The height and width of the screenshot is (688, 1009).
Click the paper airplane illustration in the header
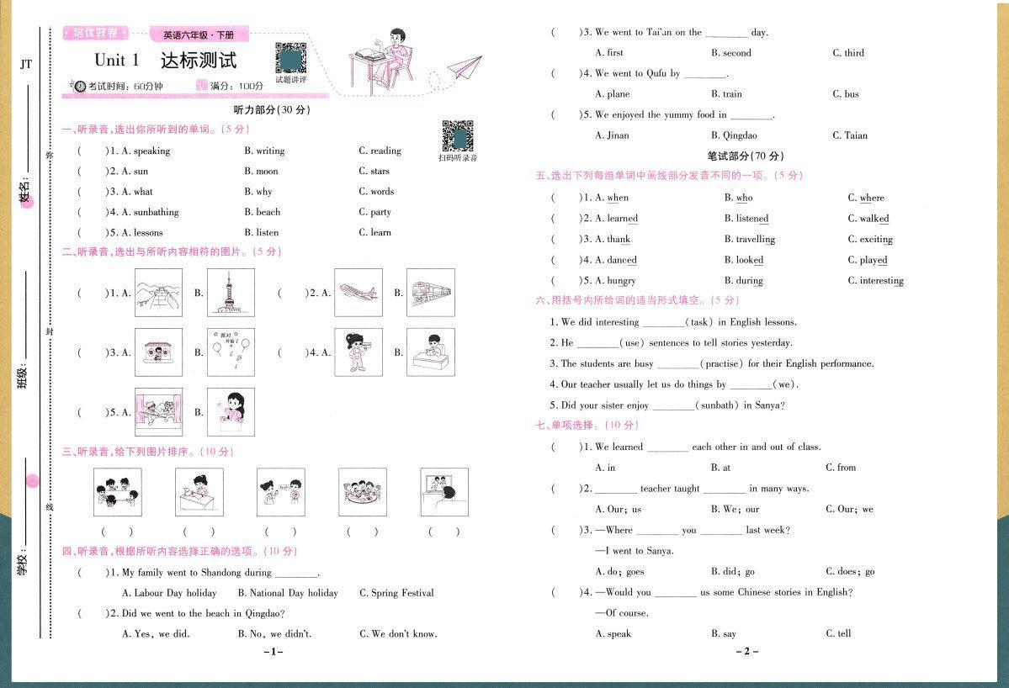tap(463, 67)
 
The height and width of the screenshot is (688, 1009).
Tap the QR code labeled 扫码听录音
tap(458, 135)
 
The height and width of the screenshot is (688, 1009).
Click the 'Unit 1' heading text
tap(116, 61)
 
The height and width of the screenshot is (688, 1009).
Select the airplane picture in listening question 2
tap(358, 293)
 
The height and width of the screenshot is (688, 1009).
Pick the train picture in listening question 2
tap(430, 293)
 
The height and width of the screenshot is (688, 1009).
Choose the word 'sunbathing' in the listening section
tap(150, 212)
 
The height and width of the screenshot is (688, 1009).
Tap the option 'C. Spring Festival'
tap(396, 593)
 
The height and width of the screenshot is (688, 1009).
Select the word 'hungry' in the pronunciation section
tap(621, 281)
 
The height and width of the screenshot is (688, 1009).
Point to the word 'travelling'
tap(755, 240)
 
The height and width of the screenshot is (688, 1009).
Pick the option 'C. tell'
tap(838, 634)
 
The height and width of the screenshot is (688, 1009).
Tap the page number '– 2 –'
tap(746, 652)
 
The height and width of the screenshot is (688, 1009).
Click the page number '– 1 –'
tap(273, 652)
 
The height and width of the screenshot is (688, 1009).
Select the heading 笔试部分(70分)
tap(745, 156)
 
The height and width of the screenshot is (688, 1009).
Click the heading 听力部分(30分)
tap(272, 110)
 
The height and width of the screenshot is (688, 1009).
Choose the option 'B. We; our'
tap(735, 509)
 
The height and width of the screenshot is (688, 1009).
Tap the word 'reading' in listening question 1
tap(385, 151)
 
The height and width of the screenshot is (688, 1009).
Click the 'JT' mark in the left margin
tap(26, 64)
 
